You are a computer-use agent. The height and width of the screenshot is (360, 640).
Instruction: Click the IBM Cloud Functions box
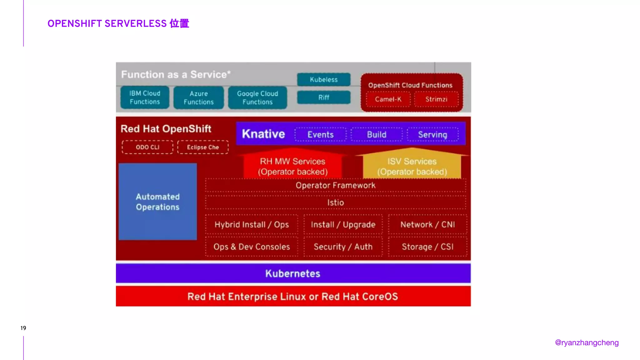(145, 97)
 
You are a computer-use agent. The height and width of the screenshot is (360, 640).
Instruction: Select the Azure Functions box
(199, 98)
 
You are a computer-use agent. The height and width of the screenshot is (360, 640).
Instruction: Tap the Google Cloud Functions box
(257, 98)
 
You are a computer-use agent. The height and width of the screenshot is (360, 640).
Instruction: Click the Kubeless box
(324, 80)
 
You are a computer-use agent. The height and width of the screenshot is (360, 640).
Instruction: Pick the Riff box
(324, 97)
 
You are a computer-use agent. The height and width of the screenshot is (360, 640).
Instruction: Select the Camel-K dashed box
(388, 99)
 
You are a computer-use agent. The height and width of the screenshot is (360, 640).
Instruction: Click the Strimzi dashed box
(436, 99)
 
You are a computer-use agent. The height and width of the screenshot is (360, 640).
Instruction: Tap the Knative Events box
(321, 135)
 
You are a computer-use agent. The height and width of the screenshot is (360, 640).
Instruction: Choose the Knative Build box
(377, 135)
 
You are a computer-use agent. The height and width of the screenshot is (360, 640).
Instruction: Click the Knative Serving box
(432, 135)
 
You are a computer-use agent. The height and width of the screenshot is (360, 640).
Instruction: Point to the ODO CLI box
(147, 147)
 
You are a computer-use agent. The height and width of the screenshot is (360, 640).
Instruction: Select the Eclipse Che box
(203, 147)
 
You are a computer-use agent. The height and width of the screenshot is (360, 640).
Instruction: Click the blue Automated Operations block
(158, 202)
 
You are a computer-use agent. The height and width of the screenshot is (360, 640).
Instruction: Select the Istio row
(336, 202)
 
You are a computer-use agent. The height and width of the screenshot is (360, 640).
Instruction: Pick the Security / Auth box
(343, 247)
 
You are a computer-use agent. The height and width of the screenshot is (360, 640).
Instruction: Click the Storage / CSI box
(427, 247)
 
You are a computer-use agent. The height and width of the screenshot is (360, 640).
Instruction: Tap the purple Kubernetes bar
(293, 273)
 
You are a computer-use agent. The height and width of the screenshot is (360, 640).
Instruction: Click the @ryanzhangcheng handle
(587, 343)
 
